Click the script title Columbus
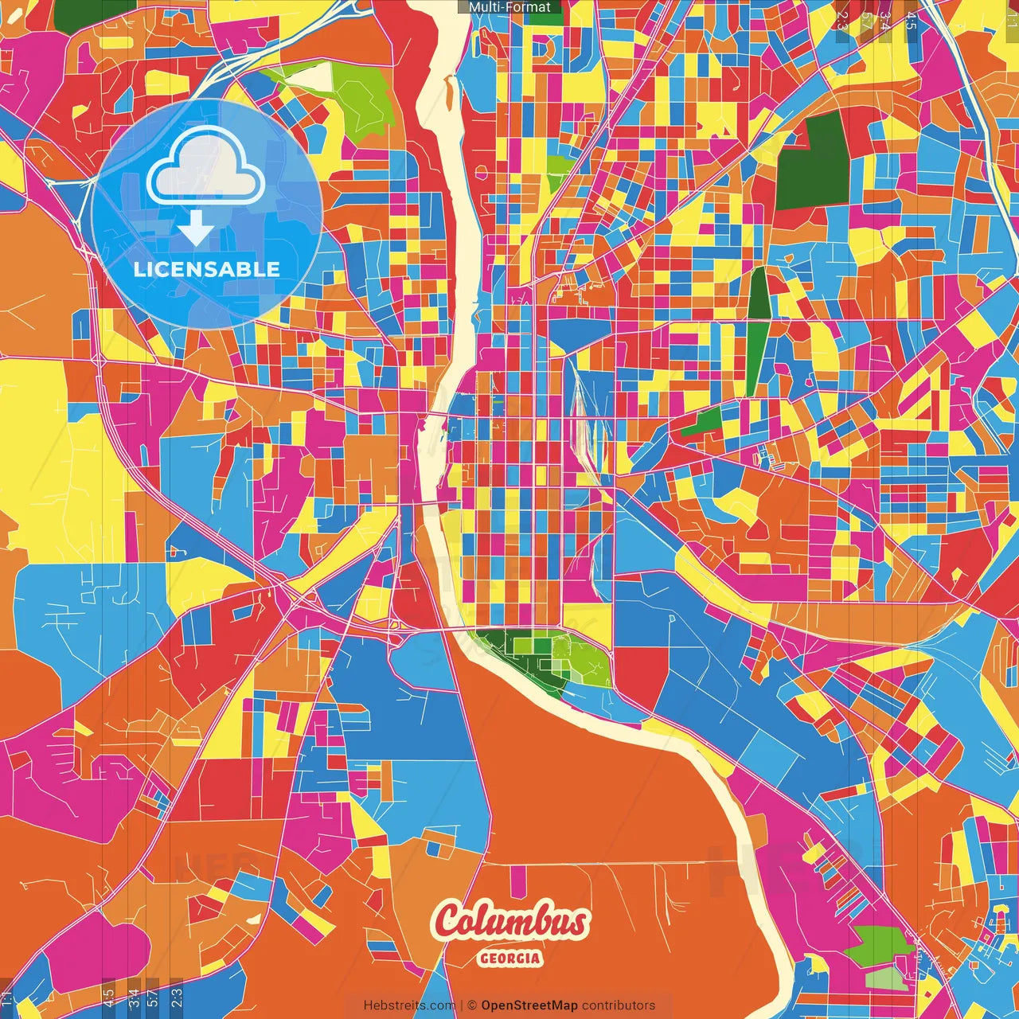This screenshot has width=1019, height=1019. pos(511,922)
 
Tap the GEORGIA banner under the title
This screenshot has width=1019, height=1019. pos(510,958)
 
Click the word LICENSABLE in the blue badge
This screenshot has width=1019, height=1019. pos(207,268)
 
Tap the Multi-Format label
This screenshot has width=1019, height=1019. pos(509,7)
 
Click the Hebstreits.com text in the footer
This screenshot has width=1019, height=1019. pos(409,1005)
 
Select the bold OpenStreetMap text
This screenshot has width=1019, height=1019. pos(529,1005)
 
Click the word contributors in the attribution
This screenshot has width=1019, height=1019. pos(619,1005)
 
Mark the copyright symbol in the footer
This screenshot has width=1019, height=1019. pos(472,1005)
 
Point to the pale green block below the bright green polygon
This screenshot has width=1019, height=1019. pos(885,978)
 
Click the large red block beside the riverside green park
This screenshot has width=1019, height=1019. pos(641,677)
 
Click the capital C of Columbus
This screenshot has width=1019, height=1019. pos(451,922)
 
